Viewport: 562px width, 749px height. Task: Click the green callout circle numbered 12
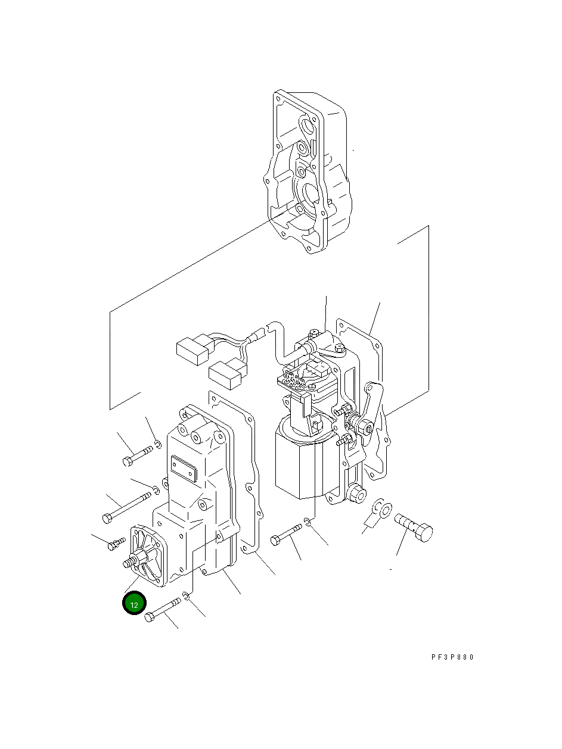click(134, 604)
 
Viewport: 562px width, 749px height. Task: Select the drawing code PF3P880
click(452, 657)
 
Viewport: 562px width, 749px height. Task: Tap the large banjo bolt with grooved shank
click(414, 525)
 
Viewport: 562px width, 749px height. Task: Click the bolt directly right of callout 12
click(161, 610)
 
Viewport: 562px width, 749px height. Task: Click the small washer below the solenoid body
click(306, 522)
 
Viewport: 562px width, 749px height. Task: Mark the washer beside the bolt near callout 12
click(187, 596)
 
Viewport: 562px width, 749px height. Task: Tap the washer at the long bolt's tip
click(154, 490)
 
